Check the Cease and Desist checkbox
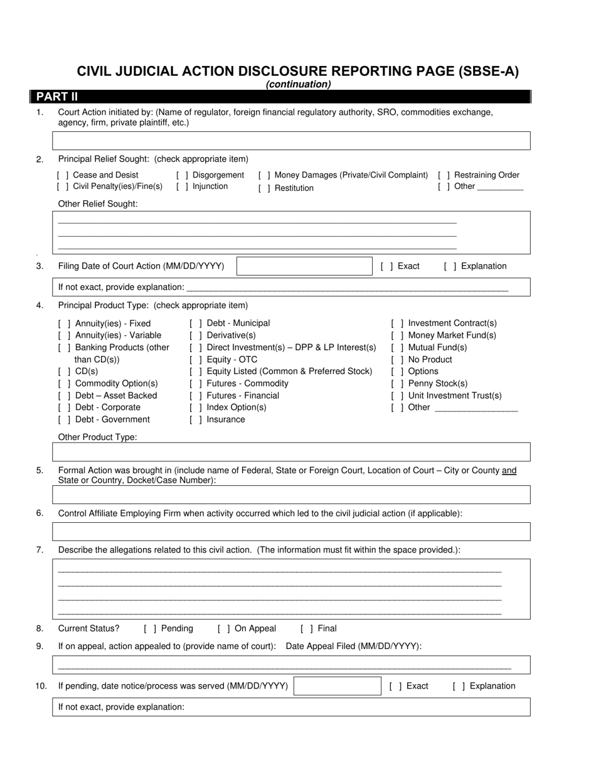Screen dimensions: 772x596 tap(63, 175)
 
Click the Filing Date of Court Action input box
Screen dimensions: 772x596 tap(304, 266)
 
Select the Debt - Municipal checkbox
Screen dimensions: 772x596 tap(196, 323)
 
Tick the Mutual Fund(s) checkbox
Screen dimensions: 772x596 tap(397, 348)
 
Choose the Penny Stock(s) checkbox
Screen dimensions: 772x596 tap(397, 383)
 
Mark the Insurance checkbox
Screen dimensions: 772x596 tap(196, 420)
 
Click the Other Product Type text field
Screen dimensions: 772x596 tap(292, 452)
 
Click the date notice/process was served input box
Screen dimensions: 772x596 tap(337, 686)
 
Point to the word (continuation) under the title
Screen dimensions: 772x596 tap(298, 85)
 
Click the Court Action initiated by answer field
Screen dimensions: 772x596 tap(292, 141)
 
